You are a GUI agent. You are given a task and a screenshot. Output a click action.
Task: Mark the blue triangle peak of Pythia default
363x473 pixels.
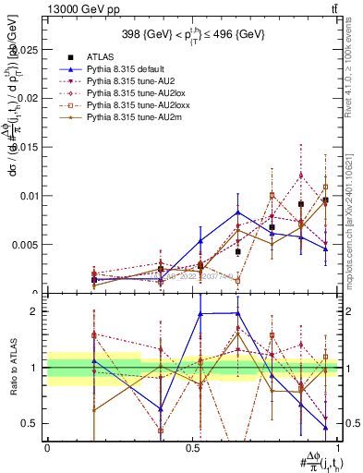point(238,212)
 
